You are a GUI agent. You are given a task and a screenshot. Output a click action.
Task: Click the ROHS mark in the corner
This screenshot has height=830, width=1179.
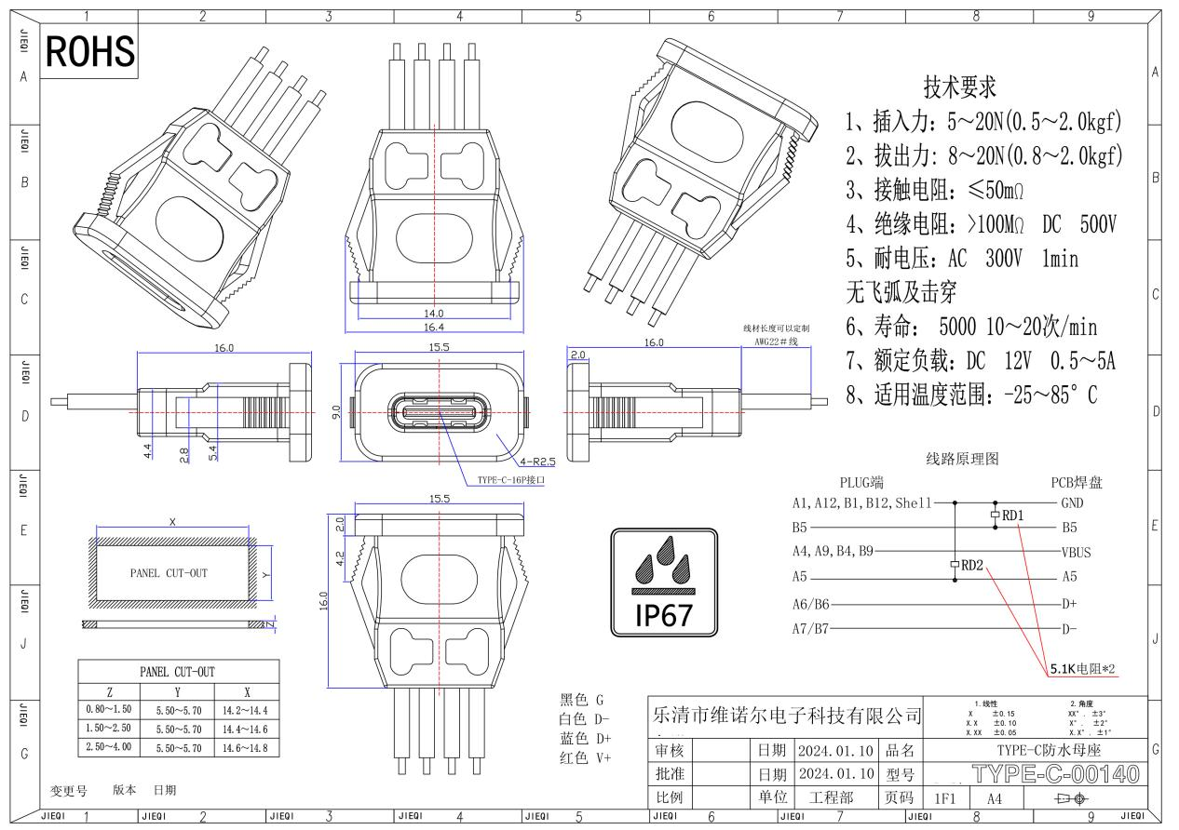pyautogui.click(x=90, y=51)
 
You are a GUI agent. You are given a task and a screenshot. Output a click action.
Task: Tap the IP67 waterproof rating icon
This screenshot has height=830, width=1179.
pyautogui.click(x=664, y=582)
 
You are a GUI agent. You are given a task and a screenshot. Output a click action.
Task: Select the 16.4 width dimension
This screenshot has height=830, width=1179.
pyautogui.click(x=434, y=328)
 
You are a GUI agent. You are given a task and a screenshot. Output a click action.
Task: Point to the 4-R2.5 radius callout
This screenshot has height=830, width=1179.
pyautogui.click(x=537, y=462)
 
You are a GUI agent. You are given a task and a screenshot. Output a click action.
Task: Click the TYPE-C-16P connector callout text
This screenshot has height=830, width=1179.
pyautogui.click(x=510, y=480)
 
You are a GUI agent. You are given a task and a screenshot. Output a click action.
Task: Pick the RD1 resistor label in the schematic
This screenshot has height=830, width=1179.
pyautogui.click(x=1012, y=515)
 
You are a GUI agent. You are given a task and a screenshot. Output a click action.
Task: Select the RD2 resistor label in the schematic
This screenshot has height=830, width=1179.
pyautogui.click(x=972, y=566)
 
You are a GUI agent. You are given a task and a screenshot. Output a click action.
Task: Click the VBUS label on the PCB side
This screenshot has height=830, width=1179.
pyautogui.click(x=1076, y=553)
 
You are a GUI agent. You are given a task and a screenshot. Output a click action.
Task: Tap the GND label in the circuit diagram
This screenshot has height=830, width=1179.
pyautogui.click(x=1072, y=503)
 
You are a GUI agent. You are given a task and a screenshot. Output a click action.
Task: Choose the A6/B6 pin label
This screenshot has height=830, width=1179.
pyautogui.click(x=810, y=604)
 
